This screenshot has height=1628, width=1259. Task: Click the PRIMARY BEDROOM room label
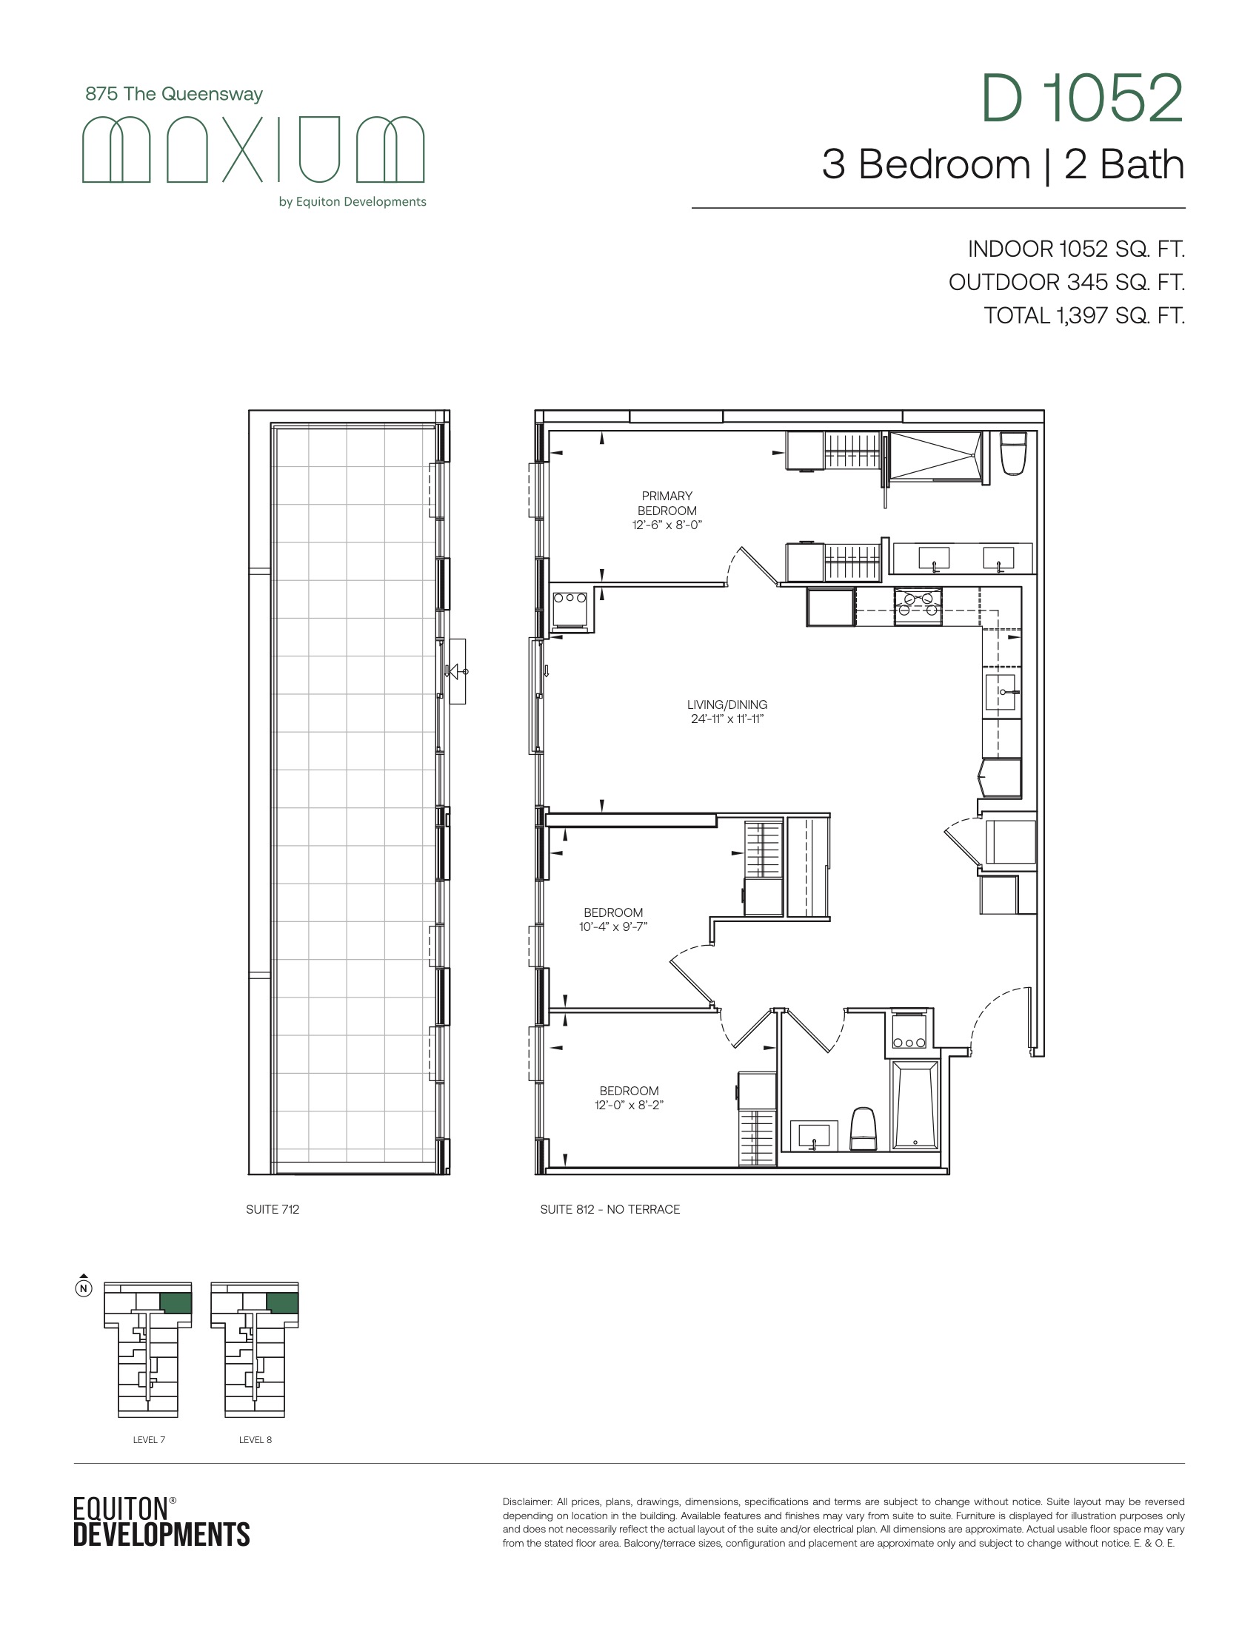click(x=667, y=503)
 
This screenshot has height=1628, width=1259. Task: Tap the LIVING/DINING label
click(x=727, y=704)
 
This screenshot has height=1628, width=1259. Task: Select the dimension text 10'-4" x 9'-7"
click(x=613, y=926)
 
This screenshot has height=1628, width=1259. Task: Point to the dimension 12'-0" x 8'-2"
click(x=629, y=1105)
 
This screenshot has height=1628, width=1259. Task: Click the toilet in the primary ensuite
click(x=1014, y=453)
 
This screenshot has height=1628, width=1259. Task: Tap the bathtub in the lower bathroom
click(x=915, y=1106)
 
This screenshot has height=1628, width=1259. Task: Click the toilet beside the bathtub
click(x=863, y=1129)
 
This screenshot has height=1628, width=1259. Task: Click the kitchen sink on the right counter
click(x=1002, y=692)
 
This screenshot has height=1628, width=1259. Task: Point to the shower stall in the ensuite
click(x=935, y=456)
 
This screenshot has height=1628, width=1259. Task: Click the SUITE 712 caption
click(x=273, y=1209)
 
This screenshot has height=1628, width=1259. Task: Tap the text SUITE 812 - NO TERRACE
click(x=610, y=1209)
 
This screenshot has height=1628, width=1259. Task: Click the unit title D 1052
click(x=1082, y=98)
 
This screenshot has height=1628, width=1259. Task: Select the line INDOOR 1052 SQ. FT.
click(x=1076, y=249)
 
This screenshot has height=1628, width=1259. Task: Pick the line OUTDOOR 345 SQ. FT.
click(x=1066, y=283)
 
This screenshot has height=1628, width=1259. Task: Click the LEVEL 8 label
click(x=255, y=1439)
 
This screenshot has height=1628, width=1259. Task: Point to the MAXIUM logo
click(x=253, y=149)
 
